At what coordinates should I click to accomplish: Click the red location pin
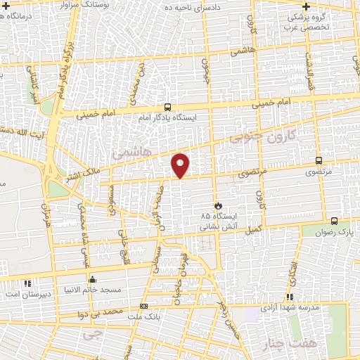click(181, 165)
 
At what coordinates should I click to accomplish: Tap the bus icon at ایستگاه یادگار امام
click(167, 108)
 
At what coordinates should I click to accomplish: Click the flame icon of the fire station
click(219, 204)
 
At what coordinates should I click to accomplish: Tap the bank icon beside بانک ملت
click(143, 306)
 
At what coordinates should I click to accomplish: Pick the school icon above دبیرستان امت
click(27, 283)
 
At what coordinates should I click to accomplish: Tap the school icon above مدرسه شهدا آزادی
click(290, 297)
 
